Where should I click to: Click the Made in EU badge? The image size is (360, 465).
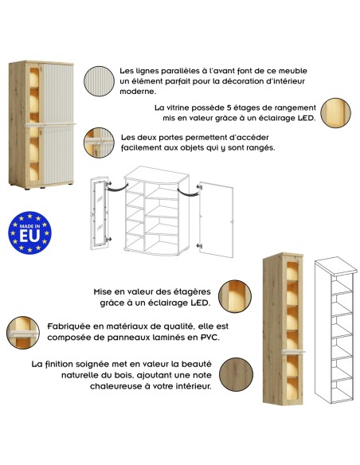click(29, 232)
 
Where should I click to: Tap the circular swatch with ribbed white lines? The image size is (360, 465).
click(99, 81)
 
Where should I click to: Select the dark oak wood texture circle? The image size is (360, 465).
click(236, 374)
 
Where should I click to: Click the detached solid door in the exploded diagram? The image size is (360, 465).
click(216, 220)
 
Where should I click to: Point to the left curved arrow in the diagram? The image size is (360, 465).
click(118, 188)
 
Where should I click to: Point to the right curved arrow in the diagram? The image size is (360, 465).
click(188, 193)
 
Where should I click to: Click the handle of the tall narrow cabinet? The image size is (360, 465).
click(293, 352)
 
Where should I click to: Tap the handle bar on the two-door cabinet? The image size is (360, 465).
click(50, 125)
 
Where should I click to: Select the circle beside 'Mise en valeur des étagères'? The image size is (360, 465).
click(235, 296)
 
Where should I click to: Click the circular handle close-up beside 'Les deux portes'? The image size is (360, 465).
click(99, 143)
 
